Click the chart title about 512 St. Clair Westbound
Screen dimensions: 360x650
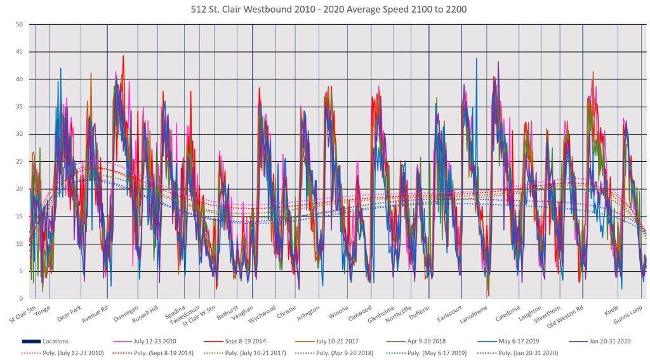click(325, 10)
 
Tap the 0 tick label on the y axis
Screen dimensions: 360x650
click(20, 298)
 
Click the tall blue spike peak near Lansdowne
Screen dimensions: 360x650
click(476, 58)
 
